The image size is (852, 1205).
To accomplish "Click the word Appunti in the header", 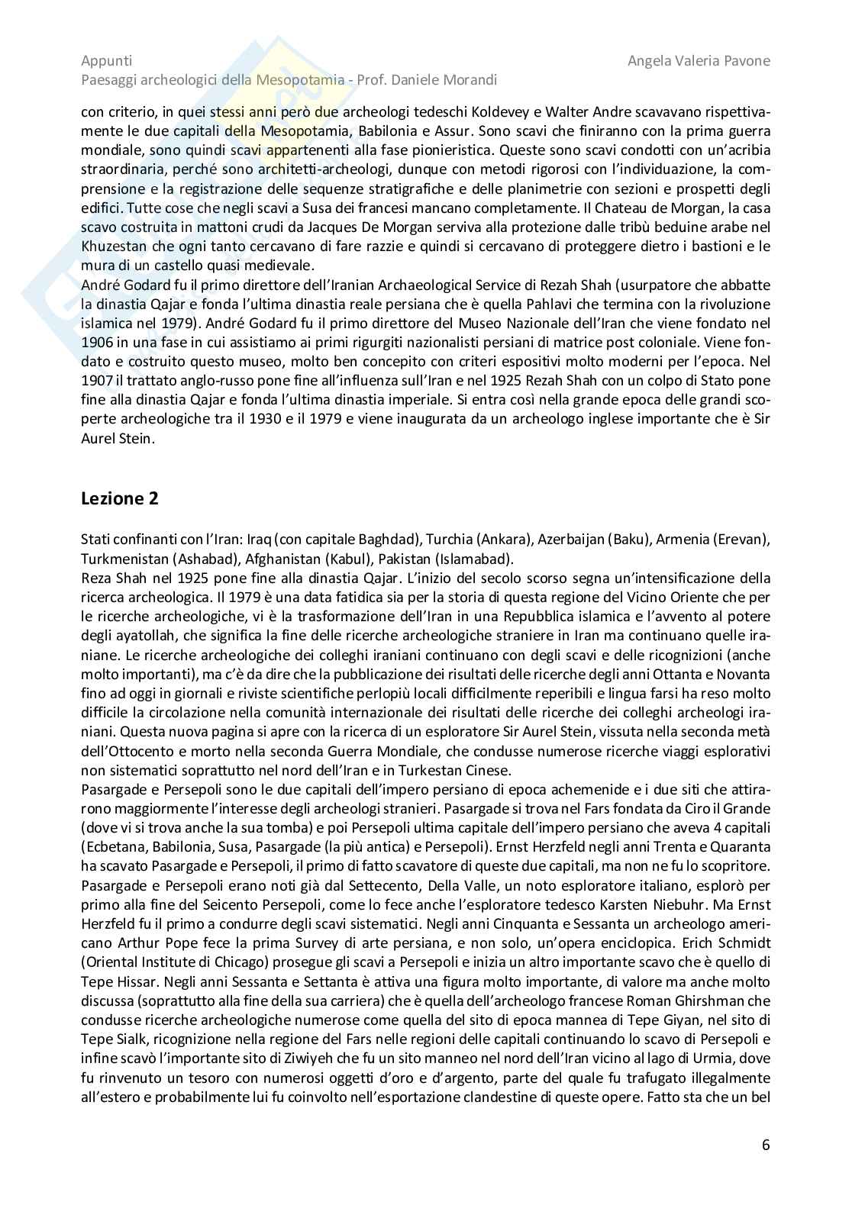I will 106,61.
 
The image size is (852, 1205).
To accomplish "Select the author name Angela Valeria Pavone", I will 699,61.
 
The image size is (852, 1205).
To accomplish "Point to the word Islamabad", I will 477,558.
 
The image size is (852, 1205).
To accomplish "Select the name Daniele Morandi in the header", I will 448,79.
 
